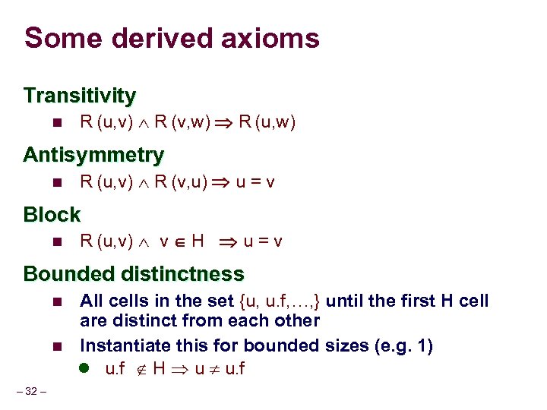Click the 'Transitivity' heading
coord(80,96)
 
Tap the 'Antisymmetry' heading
coord(93,156)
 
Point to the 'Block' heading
coord(52,215)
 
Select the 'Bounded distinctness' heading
coord(134,274)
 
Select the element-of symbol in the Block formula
coord(179,242)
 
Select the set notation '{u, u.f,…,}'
coord(285,301)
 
